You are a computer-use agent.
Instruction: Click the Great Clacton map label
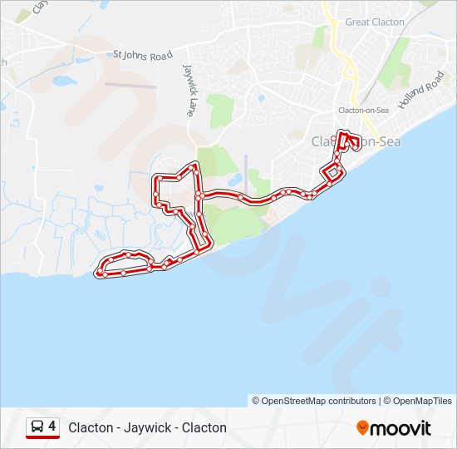(x=375, y=22)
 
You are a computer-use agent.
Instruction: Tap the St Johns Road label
(x=143, y=56)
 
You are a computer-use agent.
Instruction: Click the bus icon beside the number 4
(x=37, y=427)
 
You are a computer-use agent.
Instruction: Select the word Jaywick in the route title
(x=141, y=427)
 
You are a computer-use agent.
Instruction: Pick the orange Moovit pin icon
(x=362, y=428)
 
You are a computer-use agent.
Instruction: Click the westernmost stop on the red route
(x=100, y=272)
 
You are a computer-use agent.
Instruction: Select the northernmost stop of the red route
(x=342, y=133)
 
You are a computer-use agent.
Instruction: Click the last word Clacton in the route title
(x=204, y=427)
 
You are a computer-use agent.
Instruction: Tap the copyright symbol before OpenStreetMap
(x=256, y=401)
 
